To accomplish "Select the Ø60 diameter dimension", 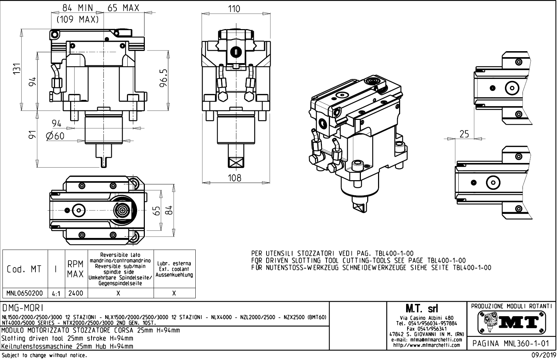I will coord(55,136).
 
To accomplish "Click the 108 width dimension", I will coord(234,178).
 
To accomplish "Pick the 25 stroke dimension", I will coord(464,134).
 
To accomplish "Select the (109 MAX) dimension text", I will coord(78,20).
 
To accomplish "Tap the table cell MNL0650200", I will coord(25,293).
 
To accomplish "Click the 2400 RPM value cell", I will coord(76,293).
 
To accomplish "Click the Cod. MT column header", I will coord(24,269).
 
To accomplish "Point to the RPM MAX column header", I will coord(75,269).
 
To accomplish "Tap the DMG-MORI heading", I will coord(23,308).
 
